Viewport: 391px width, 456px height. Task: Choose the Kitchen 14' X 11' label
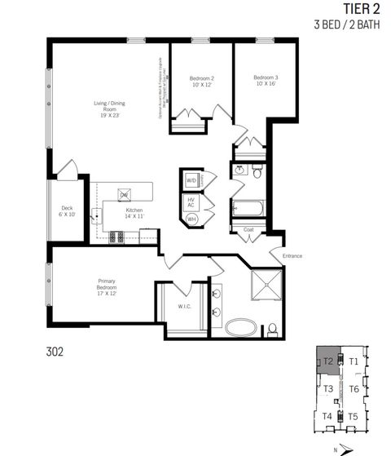click(134, 214)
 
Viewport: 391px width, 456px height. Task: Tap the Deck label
click(67, 211)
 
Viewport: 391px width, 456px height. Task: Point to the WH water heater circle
click(191, 219)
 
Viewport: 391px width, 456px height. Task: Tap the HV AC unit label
click(191, 202)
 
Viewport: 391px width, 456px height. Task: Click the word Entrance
click(292, 256)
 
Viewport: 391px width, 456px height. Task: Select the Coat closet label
click(249, 229)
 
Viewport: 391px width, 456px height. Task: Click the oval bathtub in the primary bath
click(241, 329)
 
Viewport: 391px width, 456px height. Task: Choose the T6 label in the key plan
click(354, 389)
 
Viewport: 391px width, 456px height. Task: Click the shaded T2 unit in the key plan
click(328, 361)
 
